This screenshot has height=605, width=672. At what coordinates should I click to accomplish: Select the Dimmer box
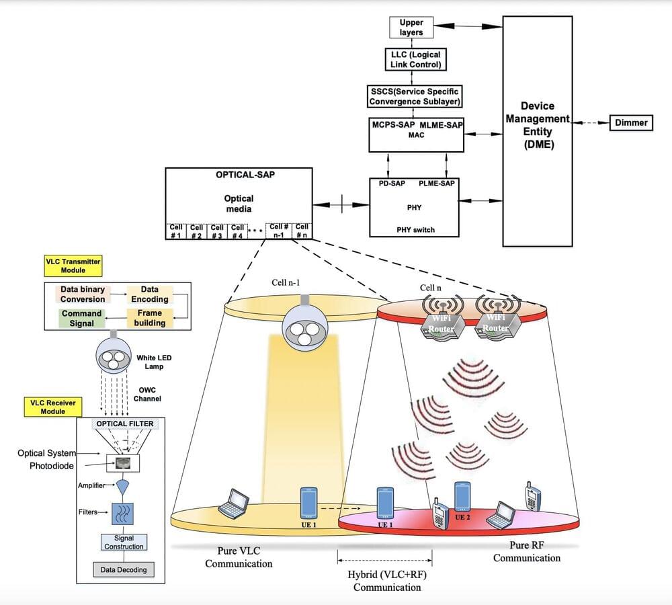(x=630, y=123)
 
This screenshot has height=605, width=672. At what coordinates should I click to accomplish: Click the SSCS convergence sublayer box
(x=416, y=96)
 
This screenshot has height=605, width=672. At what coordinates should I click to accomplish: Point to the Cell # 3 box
(x=217, y=231)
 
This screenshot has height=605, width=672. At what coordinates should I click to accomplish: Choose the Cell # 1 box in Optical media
(x=176, y=231)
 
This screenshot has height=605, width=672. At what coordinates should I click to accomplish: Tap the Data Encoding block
(x=149, y=294)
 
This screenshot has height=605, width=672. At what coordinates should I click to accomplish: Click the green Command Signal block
(x=81, y=318)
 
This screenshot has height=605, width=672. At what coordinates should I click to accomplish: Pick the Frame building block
(x=149, y=318)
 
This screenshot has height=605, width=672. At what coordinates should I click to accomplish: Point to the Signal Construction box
(x=124, y=542)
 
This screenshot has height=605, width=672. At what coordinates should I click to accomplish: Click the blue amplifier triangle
(x=123, y=486)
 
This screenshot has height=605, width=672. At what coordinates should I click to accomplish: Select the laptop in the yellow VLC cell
(x=233, y=503)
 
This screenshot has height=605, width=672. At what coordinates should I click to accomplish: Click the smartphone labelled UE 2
(x=461, y=497)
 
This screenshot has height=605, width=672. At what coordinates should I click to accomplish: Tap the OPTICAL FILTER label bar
(x=124, y=424)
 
